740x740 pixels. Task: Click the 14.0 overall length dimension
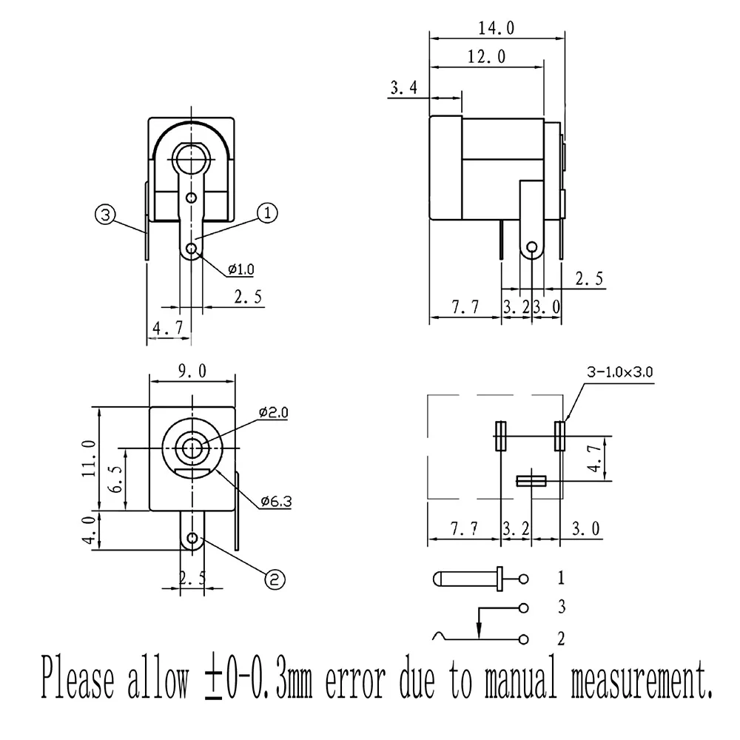[x=496, y=28]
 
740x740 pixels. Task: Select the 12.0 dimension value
[x=486, y=57]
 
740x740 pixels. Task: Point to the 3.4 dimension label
[x=403, y=89]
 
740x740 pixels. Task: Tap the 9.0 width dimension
[x=192, y=371]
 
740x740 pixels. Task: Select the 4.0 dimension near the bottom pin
[x=88, y=530]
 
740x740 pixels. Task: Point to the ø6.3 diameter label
[x=276, y=502]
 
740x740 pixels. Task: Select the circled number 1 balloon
[x=267, y=213]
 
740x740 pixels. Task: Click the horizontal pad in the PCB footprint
[x=531, y=481]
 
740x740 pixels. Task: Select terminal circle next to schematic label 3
[x=525, y=608]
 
